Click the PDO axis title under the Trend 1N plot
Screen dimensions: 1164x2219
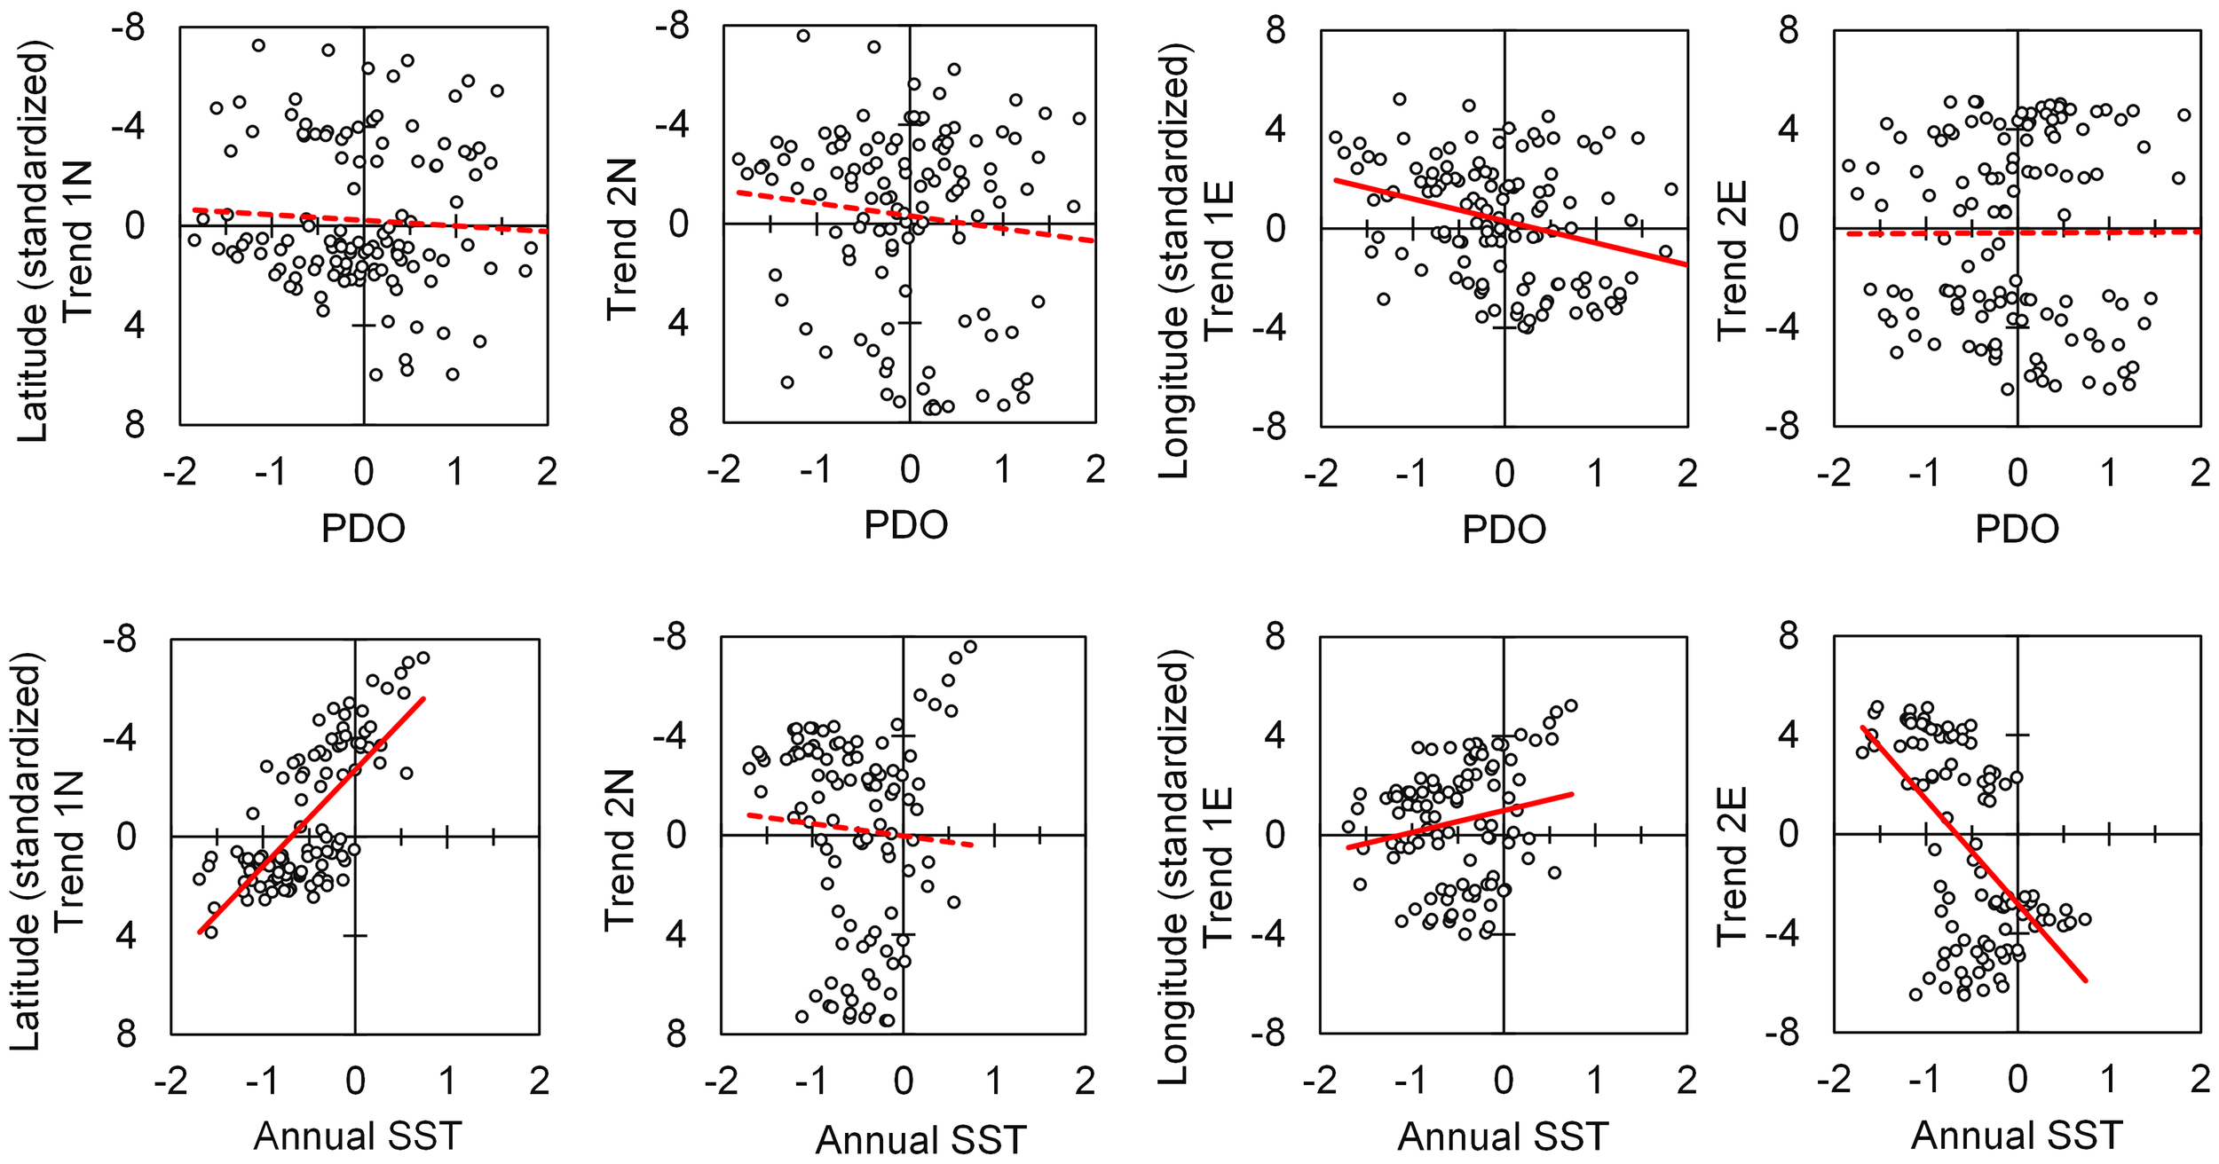pos(363,529)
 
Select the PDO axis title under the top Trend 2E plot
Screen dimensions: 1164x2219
pos(2017,530)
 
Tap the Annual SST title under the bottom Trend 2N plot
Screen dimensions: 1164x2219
pos(920,1140)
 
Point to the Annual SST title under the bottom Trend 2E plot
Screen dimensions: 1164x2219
pos(2016,1136)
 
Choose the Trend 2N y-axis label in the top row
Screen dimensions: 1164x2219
pos(622,240)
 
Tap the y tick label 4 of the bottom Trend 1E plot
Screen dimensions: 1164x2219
pos(1275,735)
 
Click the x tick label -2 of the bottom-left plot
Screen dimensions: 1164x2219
pos(170,1081)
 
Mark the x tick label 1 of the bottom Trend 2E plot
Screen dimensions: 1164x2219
pos(2109,1080)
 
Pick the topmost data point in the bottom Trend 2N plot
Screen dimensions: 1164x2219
pos(970,647)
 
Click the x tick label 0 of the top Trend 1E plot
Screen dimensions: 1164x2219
pos(1504,474)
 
